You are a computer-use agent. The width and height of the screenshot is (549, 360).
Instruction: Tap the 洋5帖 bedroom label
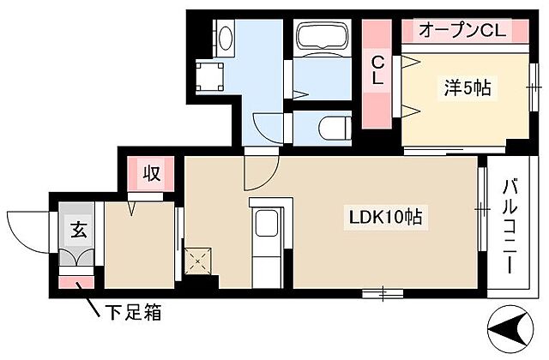click(467, 87)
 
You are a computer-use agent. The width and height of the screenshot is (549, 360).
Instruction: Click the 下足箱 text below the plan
click(131, 313)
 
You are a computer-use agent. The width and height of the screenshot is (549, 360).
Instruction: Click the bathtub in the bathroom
click(320, 40)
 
